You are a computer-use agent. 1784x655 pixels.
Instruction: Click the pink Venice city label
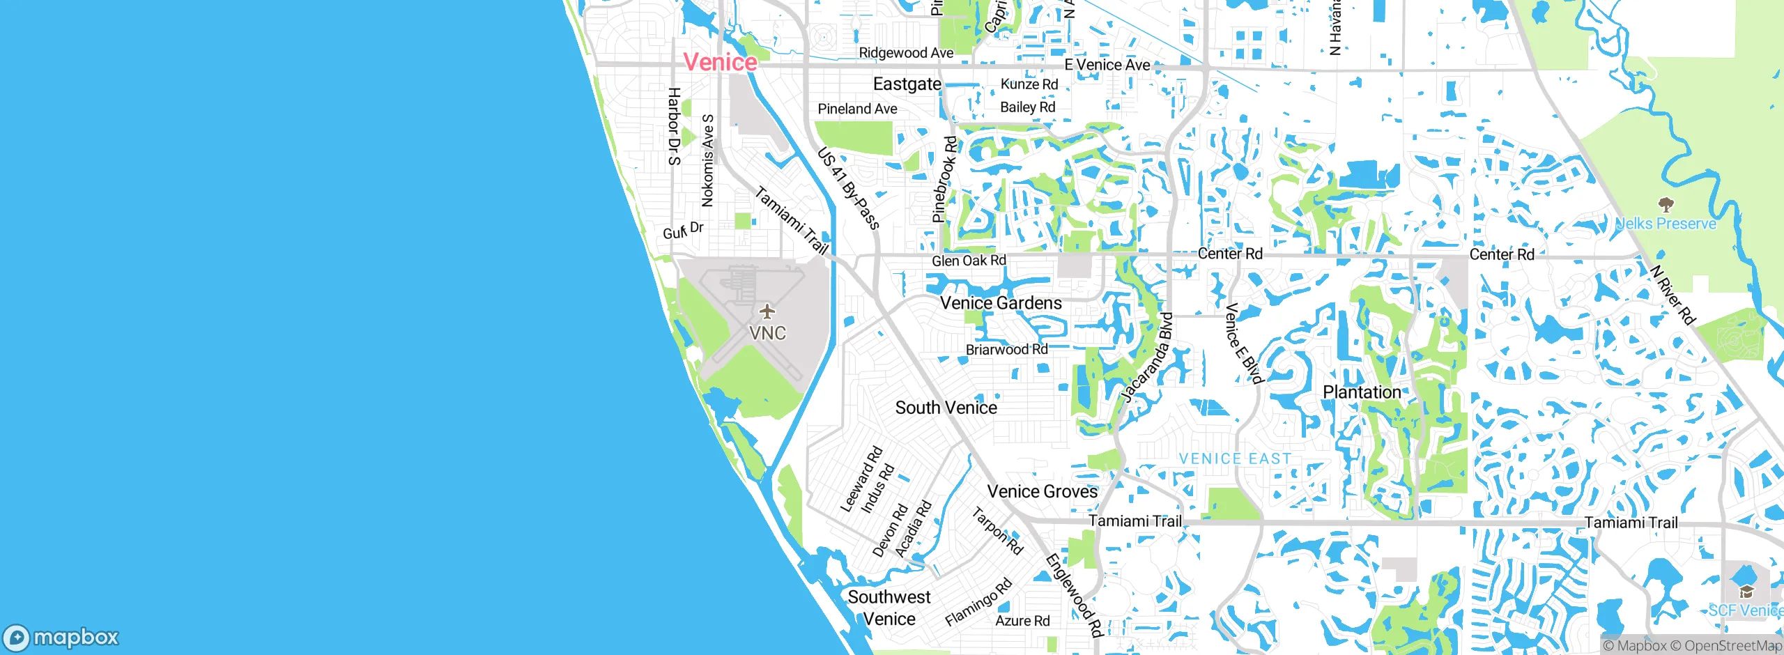point(720,62)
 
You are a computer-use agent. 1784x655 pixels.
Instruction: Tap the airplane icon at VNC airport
point(767,311)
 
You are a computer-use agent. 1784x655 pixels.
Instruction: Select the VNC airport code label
point(767,333)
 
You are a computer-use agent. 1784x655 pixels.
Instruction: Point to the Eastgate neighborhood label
point(907,84)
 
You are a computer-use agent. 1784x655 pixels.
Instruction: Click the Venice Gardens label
point(1001,303)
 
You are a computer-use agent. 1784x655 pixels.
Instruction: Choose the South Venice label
point(946,408)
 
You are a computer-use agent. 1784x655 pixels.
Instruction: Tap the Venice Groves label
point(1042,492)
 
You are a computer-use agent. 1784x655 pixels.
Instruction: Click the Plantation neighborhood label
point(1362,392)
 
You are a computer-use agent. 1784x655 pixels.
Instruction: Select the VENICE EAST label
point(1235,458)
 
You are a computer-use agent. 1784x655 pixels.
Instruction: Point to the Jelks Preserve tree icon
point(1666,205)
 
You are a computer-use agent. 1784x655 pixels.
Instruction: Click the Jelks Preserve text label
point(1666,224)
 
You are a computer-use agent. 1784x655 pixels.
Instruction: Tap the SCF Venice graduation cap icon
point(1746,592)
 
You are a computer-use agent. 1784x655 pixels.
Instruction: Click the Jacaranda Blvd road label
point(1147,357)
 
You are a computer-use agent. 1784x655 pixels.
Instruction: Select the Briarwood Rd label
point(1006,349)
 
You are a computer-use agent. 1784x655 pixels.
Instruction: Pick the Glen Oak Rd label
point(969,261)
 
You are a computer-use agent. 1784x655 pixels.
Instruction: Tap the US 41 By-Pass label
point(848,187)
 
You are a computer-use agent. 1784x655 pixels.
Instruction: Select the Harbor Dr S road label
point(674,126)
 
